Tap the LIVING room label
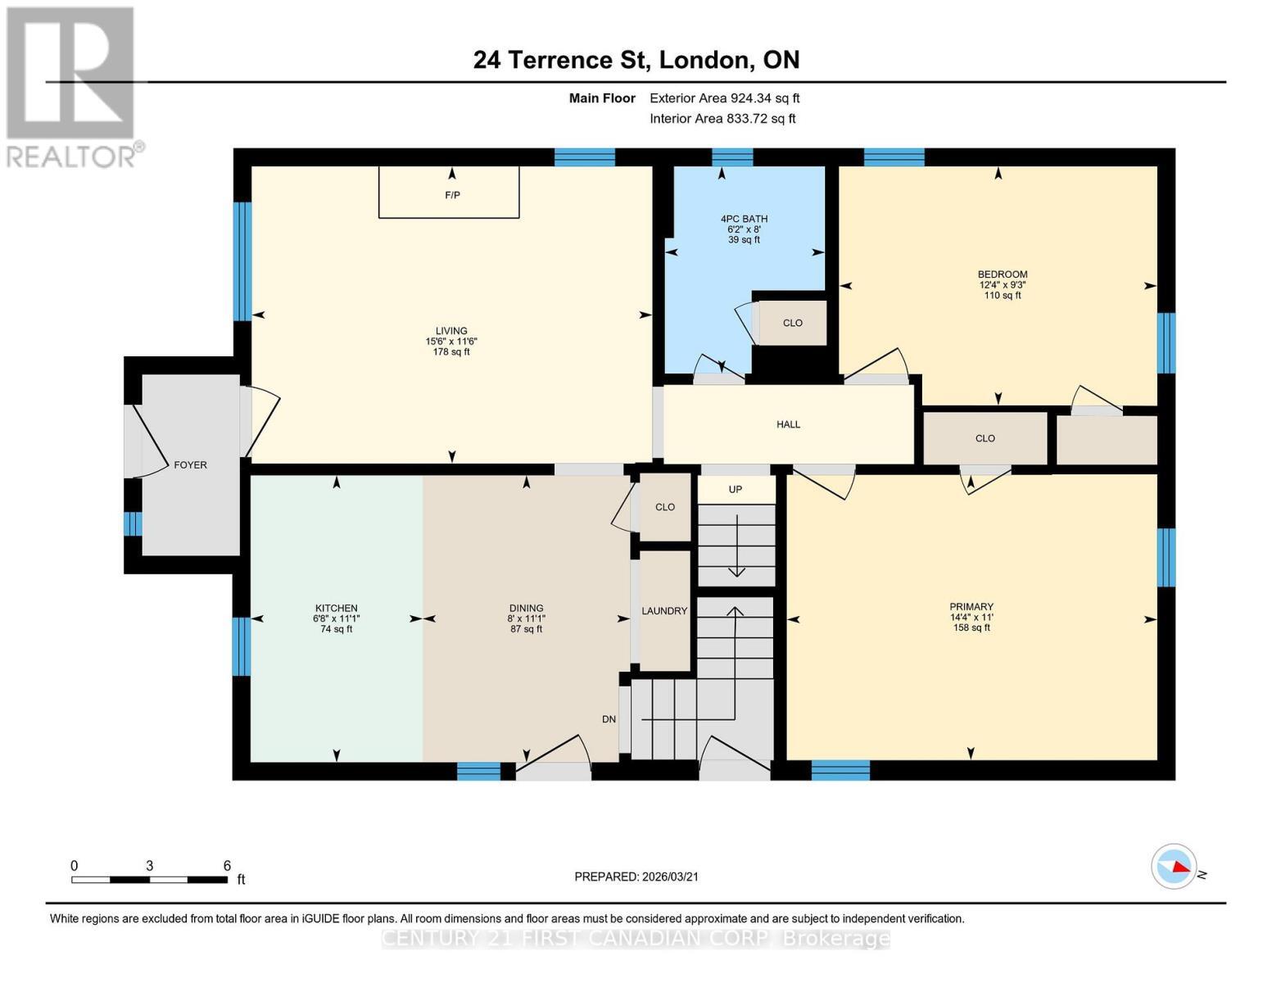coord(451,331)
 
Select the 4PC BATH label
coord(744,219)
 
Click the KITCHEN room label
coord(336,608)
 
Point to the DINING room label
coord(526,608)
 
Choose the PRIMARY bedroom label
coord(971,607)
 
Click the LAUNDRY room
coord(664,611)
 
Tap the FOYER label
coord(190,464)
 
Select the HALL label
coord(788,424)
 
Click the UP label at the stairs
coord(735,489)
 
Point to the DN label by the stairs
coord(609,719)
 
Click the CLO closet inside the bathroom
coord(792,323)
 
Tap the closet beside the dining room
coord(664,507)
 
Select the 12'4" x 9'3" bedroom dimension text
coord(1003,285)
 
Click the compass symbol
coord(1174,866)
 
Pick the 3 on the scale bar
coord(150,866)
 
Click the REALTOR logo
coord(71,87)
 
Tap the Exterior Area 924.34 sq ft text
coord(724,98)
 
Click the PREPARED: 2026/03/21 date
coord(636,877)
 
